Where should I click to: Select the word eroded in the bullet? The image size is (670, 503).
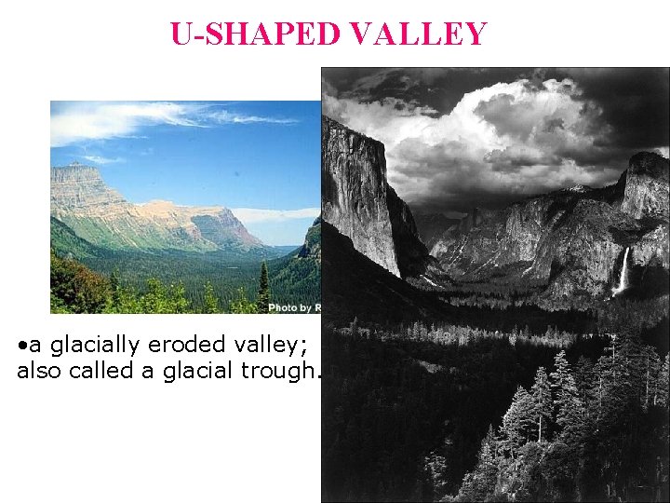pyautogui.click(x=176, y=346)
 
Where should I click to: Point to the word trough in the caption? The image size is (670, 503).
pyautogui.click(x=278, y=372)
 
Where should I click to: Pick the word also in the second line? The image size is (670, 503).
pyautogui.click(x=39, y=372)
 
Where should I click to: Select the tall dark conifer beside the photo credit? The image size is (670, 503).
pyautogui.click(x=263, y=284)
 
